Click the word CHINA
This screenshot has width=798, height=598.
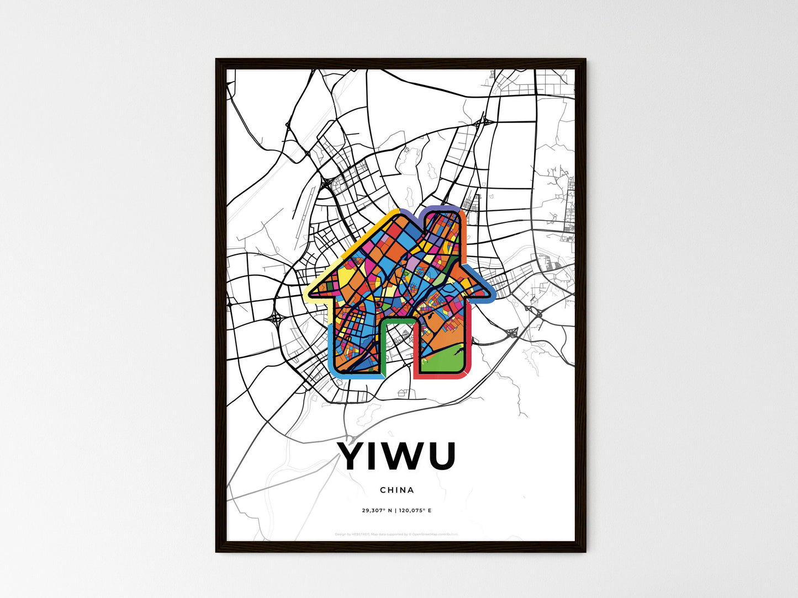(397, 490)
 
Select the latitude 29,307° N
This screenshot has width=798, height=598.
(377, 510)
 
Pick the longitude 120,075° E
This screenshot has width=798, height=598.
(415, 510)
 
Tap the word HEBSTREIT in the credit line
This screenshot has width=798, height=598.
(361, 534)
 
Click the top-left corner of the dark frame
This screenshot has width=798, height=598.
(216, 60)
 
